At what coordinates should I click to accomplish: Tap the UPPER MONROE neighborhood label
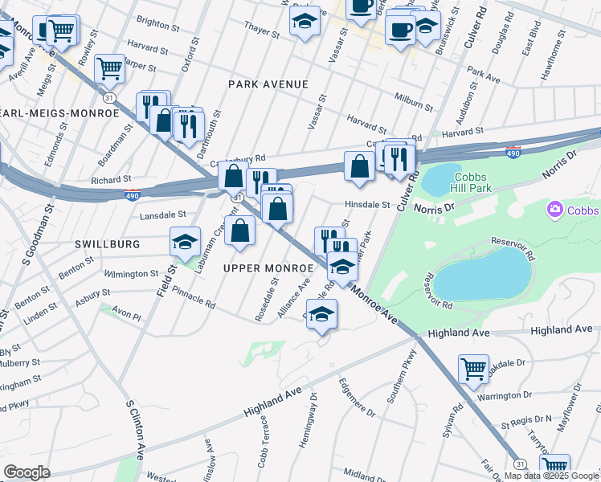point(268,267)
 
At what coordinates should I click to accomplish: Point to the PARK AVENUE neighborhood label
point(268,84)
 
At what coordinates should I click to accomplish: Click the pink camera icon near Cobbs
point(554,210)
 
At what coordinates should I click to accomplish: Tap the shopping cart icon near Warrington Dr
point(473,370)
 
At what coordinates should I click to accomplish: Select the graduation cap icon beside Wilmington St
point(185,242)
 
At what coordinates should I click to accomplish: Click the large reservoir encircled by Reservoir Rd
point(483,274)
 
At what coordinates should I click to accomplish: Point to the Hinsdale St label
point(367,205)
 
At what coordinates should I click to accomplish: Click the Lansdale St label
point(163,215)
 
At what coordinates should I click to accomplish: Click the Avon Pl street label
point(125,316)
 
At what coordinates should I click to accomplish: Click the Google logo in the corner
point(27,472)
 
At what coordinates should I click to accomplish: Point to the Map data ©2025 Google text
point(551,476)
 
